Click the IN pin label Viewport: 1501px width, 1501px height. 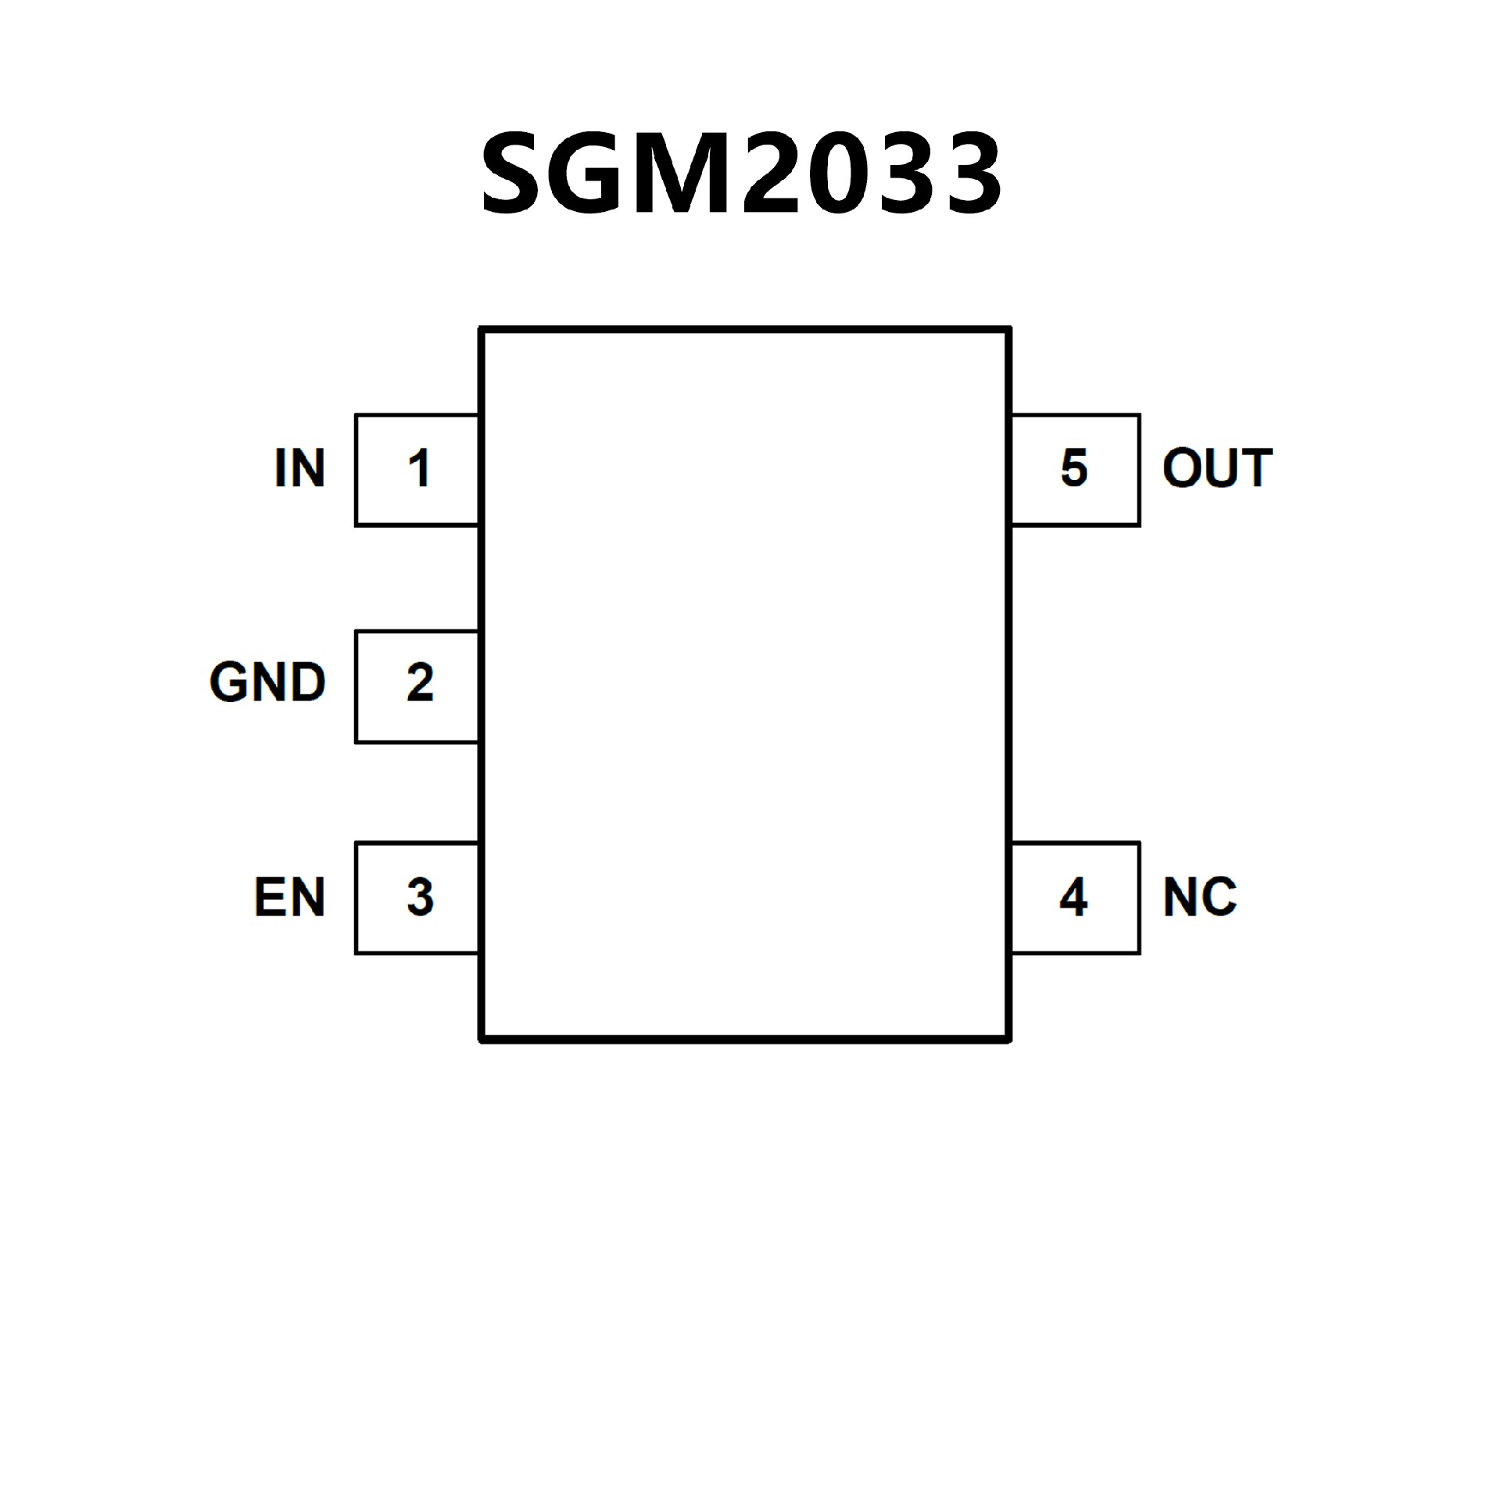click(x=299, y=468)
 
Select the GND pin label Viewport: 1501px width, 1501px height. click(x=267, y=682)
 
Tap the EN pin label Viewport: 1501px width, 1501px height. click(x=289, y=897)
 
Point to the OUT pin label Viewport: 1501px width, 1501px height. click(x=1217, y=468)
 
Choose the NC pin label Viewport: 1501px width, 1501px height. click(x=1199, y=897)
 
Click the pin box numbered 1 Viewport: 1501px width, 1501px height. click(x=417, y=470)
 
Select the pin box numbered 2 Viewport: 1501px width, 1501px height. click(x=417, y=686)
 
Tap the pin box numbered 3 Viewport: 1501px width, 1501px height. click(x=417, y=898)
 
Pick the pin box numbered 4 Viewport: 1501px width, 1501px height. click(x=1076, y=898)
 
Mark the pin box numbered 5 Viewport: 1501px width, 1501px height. click(x=1076, y=470)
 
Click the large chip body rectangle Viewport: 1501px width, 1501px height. click(x=745, y=685)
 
